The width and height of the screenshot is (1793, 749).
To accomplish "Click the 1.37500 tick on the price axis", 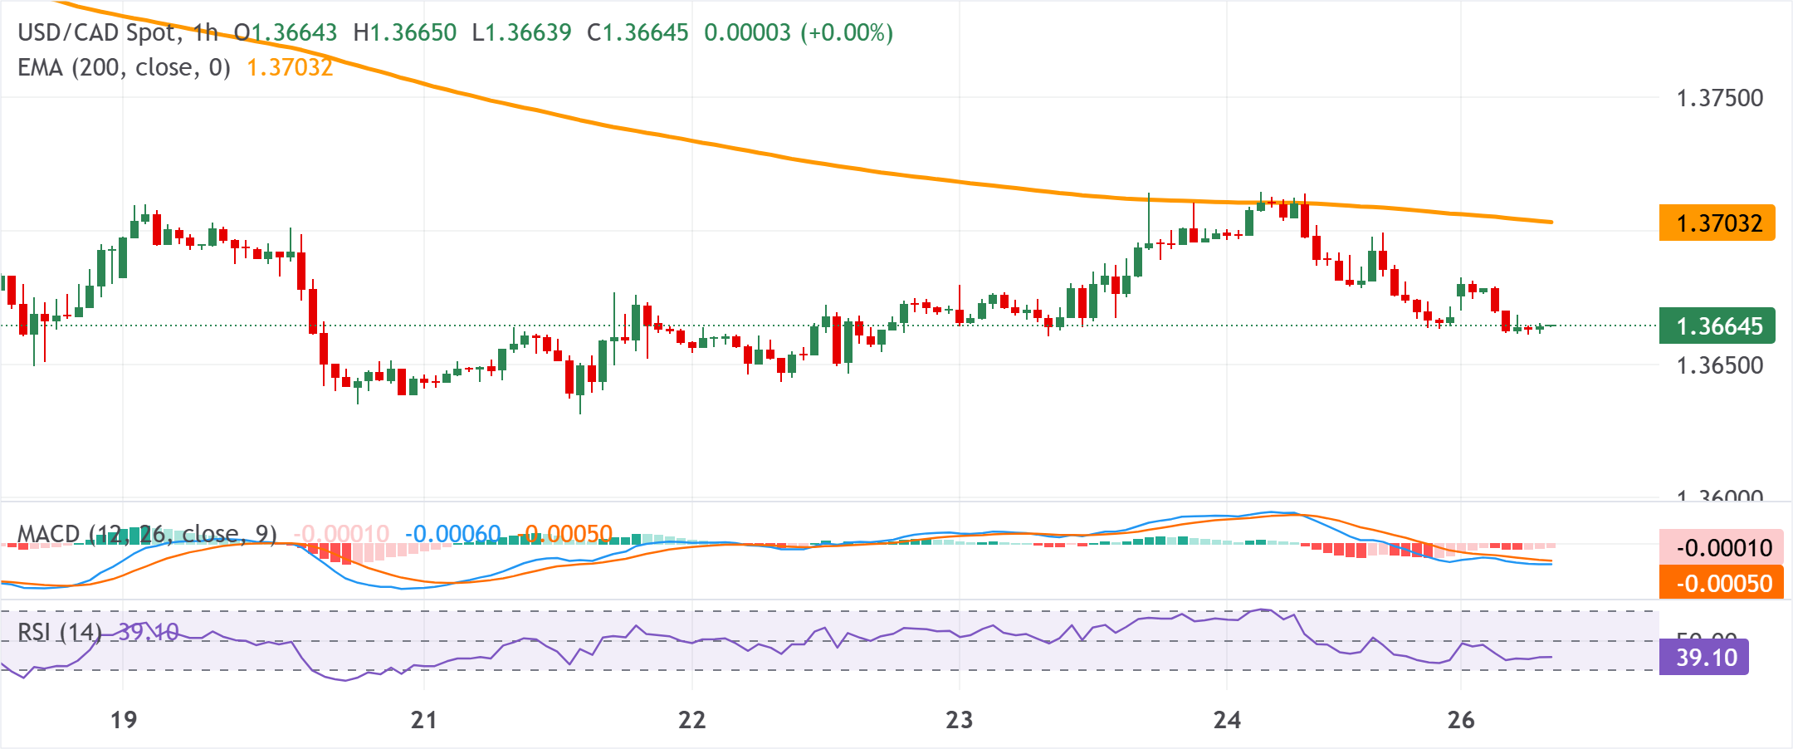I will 1719,98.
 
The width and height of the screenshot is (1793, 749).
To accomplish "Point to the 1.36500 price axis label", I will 1719,365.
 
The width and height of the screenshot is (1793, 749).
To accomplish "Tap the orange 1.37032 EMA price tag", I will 1717,223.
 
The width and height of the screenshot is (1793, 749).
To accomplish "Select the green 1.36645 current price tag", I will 1717,326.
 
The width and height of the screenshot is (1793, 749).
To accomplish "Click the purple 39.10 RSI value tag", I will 1704,658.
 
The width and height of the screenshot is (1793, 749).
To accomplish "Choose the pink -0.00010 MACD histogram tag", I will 1721,548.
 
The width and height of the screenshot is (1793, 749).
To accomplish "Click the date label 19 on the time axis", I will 124,720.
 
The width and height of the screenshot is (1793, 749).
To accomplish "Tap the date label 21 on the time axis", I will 424,720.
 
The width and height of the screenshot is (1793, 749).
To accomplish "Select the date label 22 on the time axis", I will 691,720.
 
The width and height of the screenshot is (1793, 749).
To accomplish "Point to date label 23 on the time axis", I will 959,720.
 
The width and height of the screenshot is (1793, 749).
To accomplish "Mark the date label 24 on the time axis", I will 1227,720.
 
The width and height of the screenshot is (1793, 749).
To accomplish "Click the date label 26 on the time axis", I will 1461,720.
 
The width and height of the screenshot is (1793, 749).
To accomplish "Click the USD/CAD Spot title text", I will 98,33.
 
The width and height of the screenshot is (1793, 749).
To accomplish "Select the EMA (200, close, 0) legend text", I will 124,67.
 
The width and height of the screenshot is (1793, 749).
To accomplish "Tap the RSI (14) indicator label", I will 59,633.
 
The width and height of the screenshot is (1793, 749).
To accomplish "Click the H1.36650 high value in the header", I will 404,33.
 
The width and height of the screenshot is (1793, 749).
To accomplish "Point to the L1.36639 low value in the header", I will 521,33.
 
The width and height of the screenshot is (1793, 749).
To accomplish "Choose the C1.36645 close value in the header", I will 638,33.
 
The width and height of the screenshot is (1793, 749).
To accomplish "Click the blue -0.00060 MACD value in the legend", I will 453,534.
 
